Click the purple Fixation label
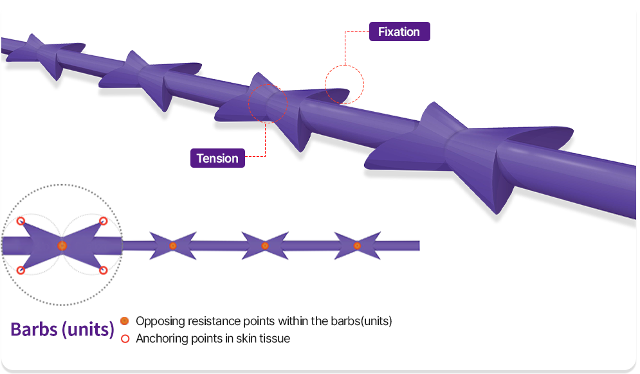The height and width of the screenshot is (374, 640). pyautogui.click(x=399, y=32)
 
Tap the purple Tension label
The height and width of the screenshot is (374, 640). pyautogui.click(x=217, y=158)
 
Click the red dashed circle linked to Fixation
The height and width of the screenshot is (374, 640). pyautogui.click(x=344, y=84)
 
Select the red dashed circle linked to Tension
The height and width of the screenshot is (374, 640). pyautogui.click(x=268, y=103)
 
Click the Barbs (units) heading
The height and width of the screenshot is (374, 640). pyautogui.click(x=62, y=330)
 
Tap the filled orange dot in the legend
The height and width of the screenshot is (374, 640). pyautogui.click(x=125, y=321)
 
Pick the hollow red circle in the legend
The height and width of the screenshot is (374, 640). pyautogui.click(x=125, y=338)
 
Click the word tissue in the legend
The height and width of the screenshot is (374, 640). pyautogui.click(x=275, y=338)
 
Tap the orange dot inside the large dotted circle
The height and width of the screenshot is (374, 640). pyautogui.click(x=62, y=245)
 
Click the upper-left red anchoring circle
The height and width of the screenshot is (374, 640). pyautogui.click(x=21, y=221)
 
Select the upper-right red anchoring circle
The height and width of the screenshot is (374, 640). pyautogui.click(x=103, y=221)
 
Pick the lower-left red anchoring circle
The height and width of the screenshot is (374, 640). pyautogui.click(x=21, y=271)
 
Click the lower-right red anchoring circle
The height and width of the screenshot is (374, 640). pyautogui.click(x=103, y=271)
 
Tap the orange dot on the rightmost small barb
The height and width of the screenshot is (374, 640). pyautogui.click(x=357, y=245)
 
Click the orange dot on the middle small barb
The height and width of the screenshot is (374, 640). pyautogui.click(x=265, y=245)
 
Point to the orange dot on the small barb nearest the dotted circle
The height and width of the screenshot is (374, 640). pyautogui.click(x=173, y=245)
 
